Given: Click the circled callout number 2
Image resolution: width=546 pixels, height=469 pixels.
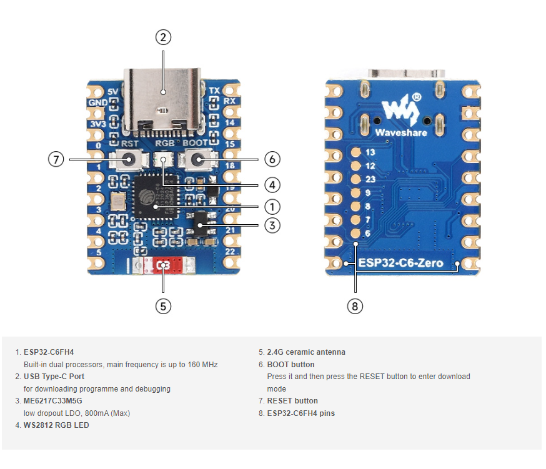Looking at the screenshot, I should click(x=162, y=37).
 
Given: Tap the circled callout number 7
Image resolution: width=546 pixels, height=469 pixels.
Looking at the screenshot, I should click(x=56, y=159).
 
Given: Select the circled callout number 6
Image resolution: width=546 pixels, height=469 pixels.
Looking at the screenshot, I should click(x=272, y=159).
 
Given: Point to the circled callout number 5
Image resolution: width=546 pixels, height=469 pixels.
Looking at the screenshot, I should click(x=163, y=306).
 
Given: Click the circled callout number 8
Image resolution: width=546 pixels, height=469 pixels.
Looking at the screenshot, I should click(x=355, y=306).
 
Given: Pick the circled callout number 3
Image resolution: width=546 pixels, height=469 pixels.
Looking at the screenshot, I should click(x=272, y=225).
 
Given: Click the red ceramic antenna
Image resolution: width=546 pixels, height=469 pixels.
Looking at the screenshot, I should click(x=164, y=265).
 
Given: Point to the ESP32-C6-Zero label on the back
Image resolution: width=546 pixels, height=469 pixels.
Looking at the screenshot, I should click(x=400, y=263).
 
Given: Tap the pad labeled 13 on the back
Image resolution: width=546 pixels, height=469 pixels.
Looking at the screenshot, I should click(x=355, y=152).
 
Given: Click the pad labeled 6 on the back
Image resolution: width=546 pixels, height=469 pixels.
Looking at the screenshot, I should click(x=355, y=234).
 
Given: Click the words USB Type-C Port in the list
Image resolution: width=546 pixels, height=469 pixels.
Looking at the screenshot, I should click(x=54, y=377).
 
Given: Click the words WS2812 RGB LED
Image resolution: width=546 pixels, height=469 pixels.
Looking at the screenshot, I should click(x=56, y=425).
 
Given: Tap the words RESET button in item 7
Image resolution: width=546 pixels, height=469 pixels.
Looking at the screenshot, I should click(x=292, y=401).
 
